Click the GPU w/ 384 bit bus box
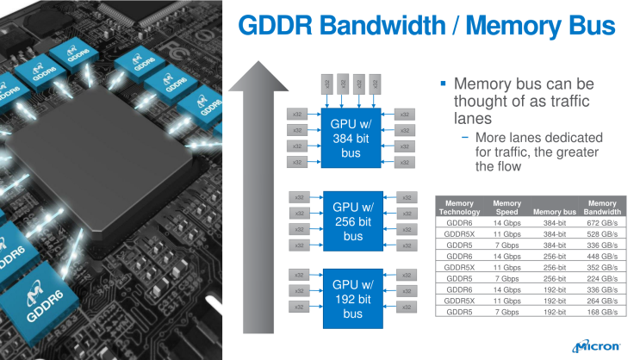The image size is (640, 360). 352,139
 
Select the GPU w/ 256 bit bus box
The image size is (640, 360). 352,221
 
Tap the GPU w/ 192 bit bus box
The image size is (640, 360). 352,299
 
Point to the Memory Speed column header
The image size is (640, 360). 506,207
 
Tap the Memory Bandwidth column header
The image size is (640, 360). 602,207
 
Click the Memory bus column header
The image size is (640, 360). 554,212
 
